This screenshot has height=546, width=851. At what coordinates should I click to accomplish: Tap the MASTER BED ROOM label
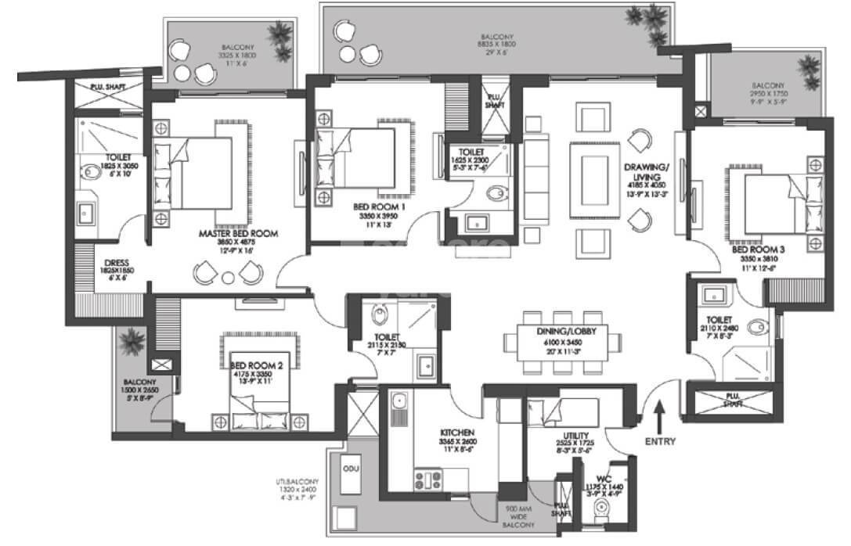coord(239,232)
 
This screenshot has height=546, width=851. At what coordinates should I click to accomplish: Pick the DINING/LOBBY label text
coord(561,331)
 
